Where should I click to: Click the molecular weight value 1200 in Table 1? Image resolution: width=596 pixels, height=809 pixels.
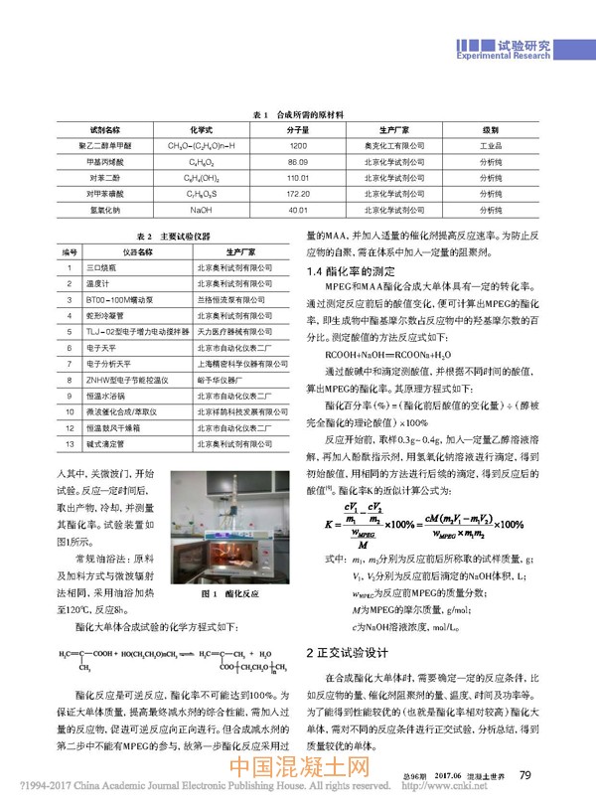pos(297,145)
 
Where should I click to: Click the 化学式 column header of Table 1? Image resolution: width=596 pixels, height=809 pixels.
pos(202,130)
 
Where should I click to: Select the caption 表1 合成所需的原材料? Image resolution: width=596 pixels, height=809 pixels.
pos(298,115)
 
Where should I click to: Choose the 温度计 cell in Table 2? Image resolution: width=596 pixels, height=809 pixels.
pos(98,282)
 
